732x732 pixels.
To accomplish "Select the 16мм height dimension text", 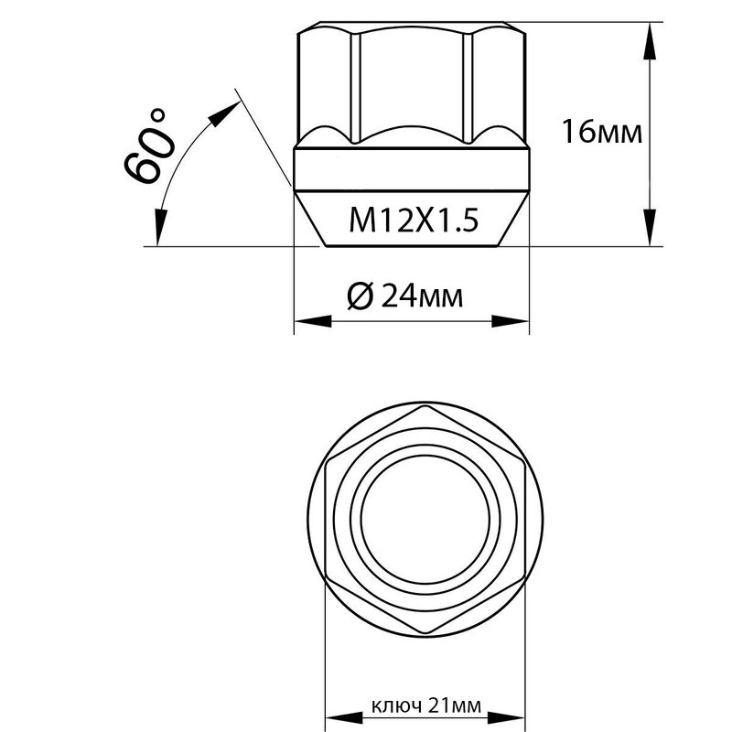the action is pyautogui.click(x=602, y=131).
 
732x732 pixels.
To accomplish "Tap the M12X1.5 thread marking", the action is pyautogui.click(x=414, y=221).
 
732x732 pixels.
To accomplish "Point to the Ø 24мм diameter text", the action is pyautogui.click(x=405, y=296).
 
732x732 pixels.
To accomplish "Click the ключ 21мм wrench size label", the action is pyautogui.click(x=426, y=705).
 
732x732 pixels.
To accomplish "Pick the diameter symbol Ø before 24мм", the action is pyautogui.click(x=361, y=296).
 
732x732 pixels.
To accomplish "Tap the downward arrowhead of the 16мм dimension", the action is pyautogui.click(x=650, y=227).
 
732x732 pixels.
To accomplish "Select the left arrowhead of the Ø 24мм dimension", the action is pyautogui.click(x=313, y=321).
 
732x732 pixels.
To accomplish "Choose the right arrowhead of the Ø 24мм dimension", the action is pyautogui.click(x=511, y=321).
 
